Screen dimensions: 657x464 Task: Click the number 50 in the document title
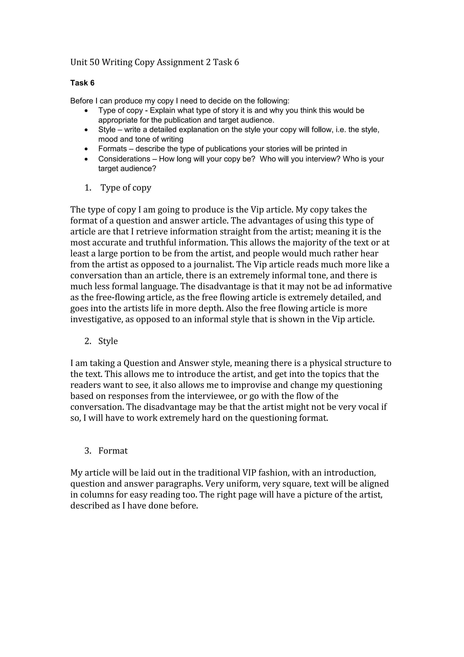(x=94, y=62)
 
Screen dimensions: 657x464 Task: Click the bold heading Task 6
(x=82, y=83)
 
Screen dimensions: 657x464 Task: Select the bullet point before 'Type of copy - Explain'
(x=86, y=110)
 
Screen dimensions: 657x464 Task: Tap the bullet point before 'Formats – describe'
(x=86, y=149)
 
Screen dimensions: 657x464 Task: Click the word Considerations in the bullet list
(x=124, y=159)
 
